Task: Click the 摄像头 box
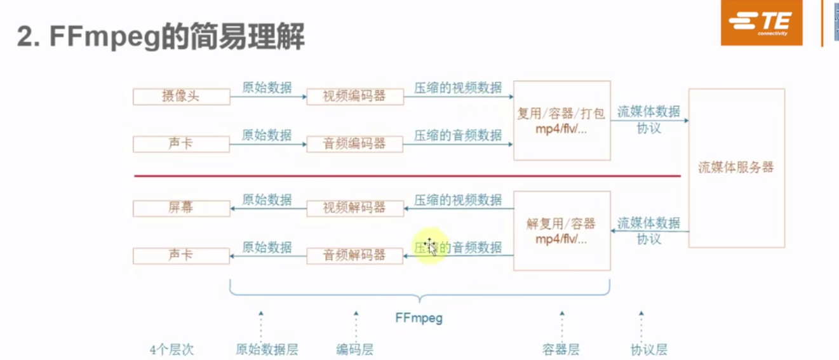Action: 181,97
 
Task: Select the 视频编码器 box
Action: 354,97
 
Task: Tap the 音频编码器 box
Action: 354,144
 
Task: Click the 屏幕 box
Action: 181,208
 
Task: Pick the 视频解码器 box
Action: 354,208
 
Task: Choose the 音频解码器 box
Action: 354,256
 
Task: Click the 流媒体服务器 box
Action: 736,168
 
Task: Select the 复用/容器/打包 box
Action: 561,121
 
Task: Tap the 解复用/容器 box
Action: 561,231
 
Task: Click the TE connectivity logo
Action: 761,23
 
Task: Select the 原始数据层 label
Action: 267,349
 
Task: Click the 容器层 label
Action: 561,349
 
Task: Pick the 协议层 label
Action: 648,349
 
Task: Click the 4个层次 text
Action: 171,349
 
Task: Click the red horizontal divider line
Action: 406,176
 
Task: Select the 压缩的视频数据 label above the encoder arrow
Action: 458,88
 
